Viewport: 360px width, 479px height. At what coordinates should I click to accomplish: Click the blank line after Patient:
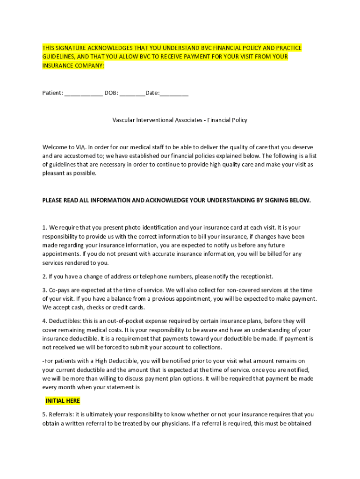pyautogui.click(x=83, y=94)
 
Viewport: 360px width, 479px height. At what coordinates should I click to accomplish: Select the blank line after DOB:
pyautogui.click(x=132, y=94)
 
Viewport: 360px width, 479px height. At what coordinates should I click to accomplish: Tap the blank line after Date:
pyautogui.click(x=174, y=94)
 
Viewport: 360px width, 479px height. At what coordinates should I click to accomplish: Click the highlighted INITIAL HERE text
pyautogui.click(x=63, y=401)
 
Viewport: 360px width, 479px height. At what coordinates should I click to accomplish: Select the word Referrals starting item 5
pyautogui.click(x=62, y=414)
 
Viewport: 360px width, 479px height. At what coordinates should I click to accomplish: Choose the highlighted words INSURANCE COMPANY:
pyautogui.click(x=73, y=66)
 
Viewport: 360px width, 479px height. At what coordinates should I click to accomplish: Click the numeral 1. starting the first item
pyautogui.click(x=45, y=228)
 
